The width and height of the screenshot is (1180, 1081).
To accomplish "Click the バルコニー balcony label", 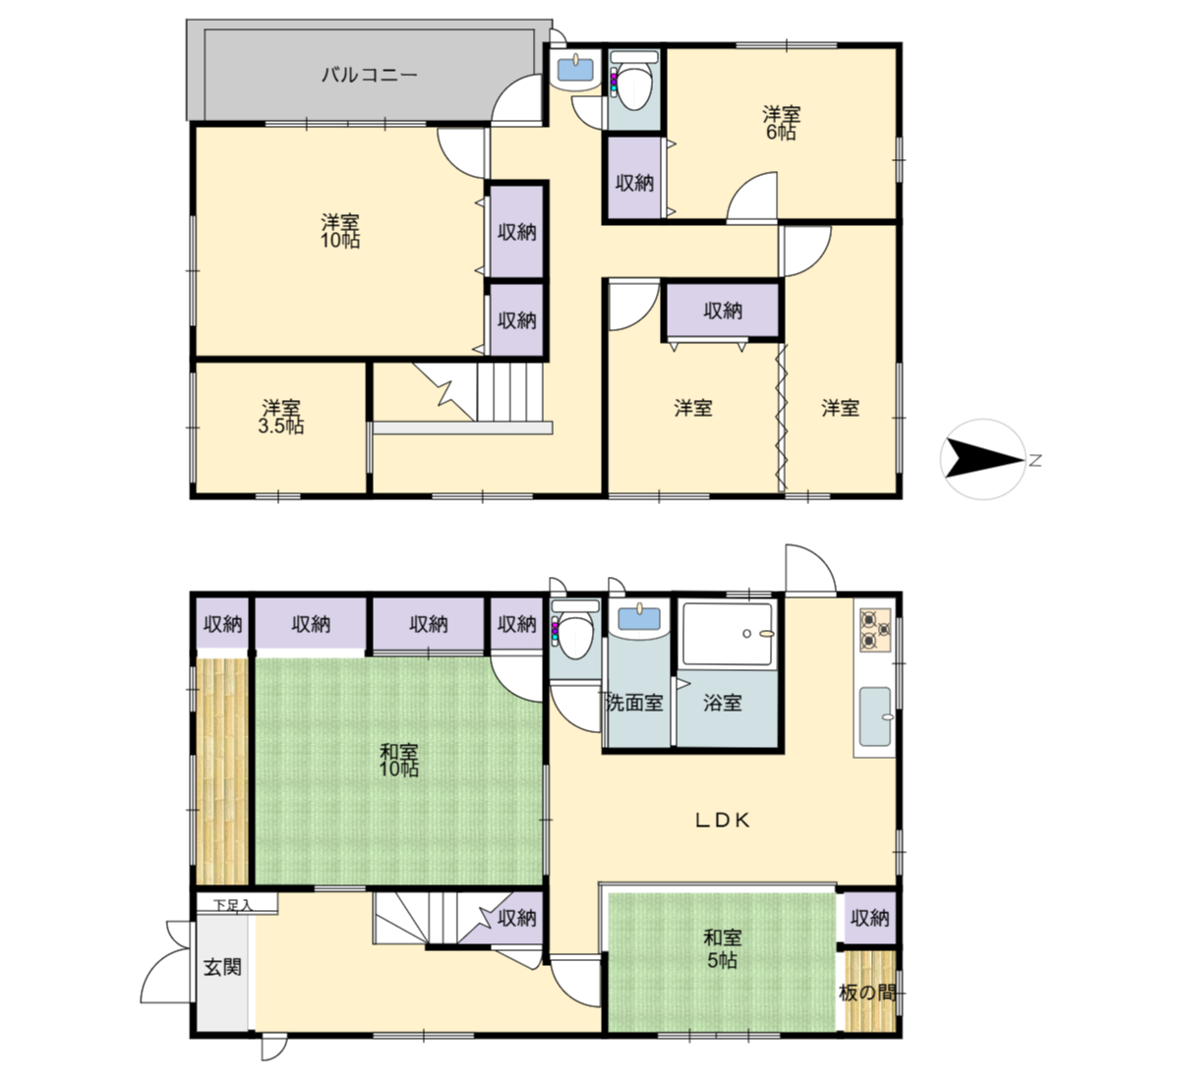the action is (370, 75).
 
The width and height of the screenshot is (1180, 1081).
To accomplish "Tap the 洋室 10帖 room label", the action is (340, 231).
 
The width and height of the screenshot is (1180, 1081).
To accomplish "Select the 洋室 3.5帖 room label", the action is (281, 417).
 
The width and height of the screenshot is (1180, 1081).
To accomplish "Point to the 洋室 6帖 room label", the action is (781, 122).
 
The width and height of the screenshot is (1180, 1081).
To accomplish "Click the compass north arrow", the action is (983, 459).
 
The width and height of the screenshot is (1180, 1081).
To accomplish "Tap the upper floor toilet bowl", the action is (633, 85).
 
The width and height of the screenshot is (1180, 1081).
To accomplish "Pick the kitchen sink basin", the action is (875, 716).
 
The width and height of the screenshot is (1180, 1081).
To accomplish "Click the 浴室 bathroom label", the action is (723, 703).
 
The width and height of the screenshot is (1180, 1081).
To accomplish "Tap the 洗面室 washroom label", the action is (634, 703).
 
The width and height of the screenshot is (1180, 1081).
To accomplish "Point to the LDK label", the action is (723, 821).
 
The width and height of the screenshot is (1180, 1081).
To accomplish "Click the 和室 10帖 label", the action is (399, 760).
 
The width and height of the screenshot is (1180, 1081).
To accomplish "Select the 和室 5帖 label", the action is (723, 948).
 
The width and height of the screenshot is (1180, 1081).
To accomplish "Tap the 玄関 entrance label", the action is (222, 967).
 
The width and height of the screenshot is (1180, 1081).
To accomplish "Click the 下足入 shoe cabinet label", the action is (233, 905).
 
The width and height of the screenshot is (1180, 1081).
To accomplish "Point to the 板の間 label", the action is (867, 994).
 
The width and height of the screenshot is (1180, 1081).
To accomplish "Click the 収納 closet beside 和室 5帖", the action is (869, 918).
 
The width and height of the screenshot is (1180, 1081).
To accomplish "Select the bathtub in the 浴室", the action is (727, 634).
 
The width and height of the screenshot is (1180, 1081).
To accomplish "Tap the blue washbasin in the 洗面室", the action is (639, 619).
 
